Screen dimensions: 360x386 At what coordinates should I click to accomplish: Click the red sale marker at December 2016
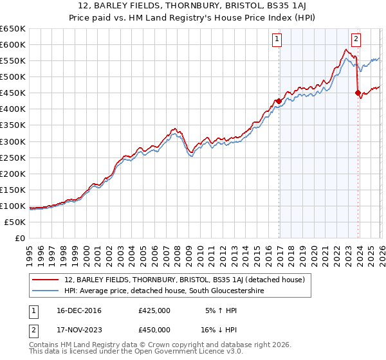click(279, 101)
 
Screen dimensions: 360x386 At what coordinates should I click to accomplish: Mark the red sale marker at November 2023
click(357, 93)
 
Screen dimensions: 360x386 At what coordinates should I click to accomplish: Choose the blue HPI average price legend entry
click(163, 291)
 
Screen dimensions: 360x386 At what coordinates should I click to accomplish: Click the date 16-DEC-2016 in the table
click(75, 310)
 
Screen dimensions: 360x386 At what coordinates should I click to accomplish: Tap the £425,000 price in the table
click(154, 310)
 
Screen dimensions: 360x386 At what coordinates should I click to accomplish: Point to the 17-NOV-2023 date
click(75, 329)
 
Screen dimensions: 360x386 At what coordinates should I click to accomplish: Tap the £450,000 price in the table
click(154, 329)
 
